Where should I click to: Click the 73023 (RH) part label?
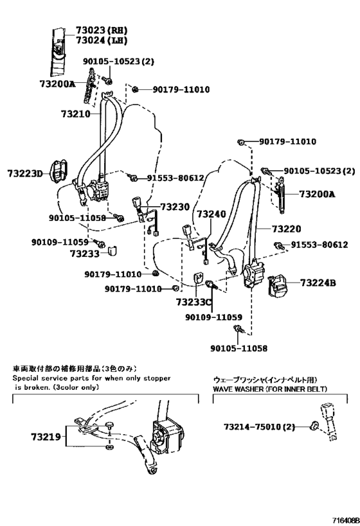[x=102, y=30]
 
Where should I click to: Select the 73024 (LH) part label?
[x=102, y=40]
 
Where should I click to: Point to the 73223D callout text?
[x=25, y=174]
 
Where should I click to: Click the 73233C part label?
[x=193, y=302]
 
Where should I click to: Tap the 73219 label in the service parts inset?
[x=45, y=437]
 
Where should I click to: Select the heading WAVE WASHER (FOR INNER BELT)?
[x=270, y=389]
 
